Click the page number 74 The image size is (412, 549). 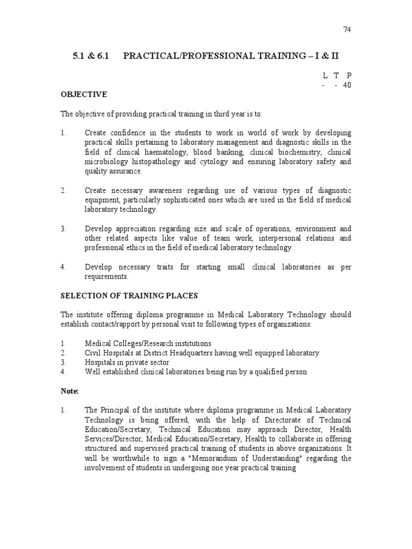pyautogui.click(x=346, y=29)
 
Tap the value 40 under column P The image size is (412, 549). pyautogui.click(x=347, y=85)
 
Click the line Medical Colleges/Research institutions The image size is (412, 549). pyautogui.click(x=148, y=343)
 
